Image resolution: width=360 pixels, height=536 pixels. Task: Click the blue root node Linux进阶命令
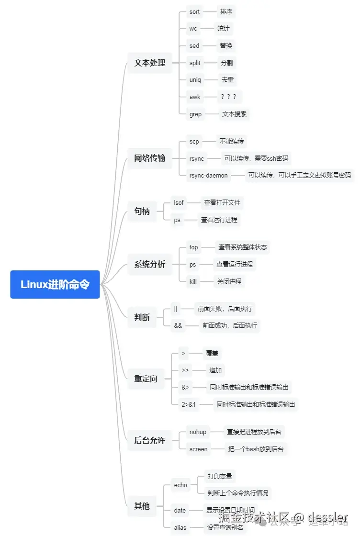tap(55, 284)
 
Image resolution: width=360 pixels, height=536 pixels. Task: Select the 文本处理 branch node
tap(150, 63)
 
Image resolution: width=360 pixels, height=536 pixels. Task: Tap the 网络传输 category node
tap(150, 158)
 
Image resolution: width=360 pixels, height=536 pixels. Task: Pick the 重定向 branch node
tap(146, 379)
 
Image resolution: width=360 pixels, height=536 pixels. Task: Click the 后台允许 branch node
tap(150, 440)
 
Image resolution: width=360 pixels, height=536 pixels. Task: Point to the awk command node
tap(195, 97)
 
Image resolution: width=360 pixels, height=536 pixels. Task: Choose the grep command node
tap(196, 114)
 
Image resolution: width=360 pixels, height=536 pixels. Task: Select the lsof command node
tap(179, 202)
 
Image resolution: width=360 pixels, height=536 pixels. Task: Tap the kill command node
tap(193, 281)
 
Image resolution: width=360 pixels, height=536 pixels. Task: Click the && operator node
tap(178, 325)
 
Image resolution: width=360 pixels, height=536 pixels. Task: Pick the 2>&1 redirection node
tap(189, 404)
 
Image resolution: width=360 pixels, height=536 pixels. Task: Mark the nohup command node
tap(198, 432)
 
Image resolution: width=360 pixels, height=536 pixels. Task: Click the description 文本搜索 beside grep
tap(234, 114)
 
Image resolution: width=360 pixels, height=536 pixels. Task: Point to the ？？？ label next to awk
tap(228, 97)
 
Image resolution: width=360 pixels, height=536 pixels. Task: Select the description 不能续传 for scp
tap(232, 141)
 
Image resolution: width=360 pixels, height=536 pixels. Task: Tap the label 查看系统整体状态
tap(243, 247)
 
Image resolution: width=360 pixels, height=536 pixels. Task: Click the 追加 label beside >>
tap(215, 370)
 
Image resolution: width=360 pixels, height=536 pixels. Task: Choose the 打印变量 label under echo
tap(220, 476)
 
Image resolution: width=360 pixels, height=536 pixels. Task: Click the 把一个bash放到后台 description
tap(256, 449)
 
